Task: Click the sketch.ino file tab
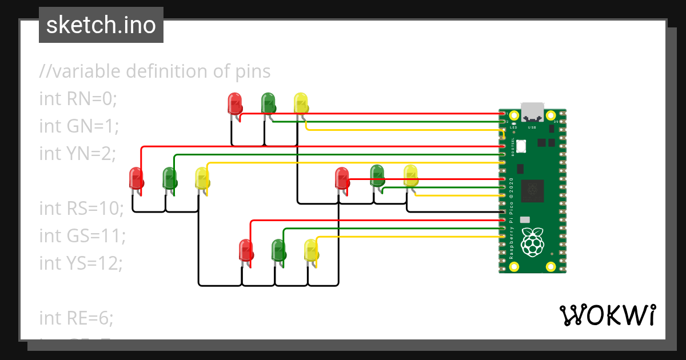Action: (x=101, y=25)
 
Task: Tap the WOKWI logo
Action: (x=607, y=315)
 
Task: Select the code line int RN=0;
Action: (x=78, y=99)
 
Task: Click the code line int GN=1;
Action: (x=79, y=126)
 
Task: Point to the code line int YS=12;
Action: (x=82, y=263)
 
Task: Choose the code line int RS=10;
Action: (x=81, y=208)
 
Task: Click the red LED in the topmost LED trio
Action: (x=234, y=103)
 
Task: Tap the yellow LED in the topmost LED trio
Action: (x=301, y=103)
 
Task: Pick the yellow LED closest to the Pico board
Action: (x=410, y=175)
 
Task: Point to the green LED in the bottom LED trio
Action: (x=278, y=250)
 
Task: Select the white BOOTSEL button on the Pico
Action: (x=521, y=146)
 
